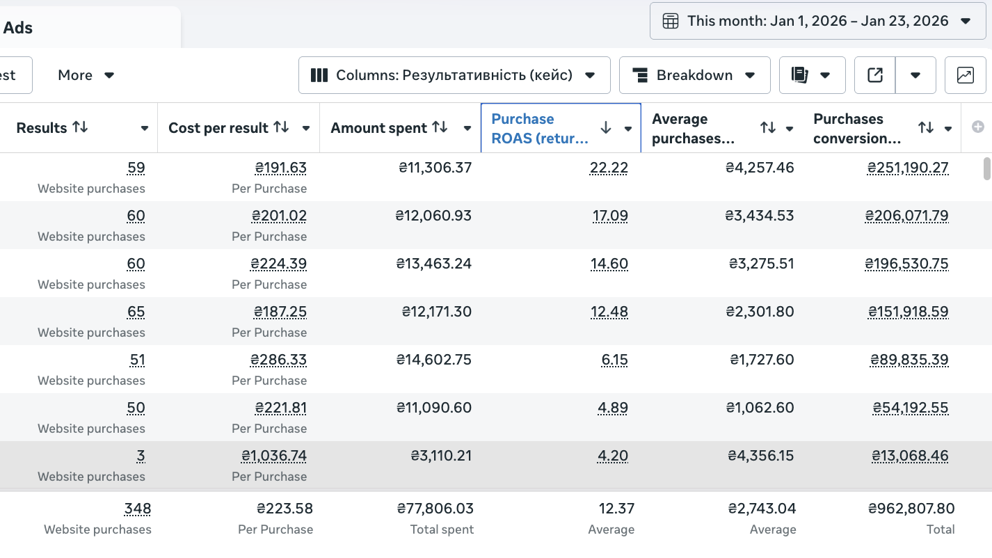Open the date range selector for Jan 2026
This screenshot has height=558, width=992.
pyautogui.click(x=817, y=21)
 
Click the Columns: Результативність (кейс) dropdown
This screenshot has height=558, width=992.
pyautogui.click(x=454, y=75)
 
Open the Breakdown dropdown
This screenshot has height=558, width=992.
pyautogui.click(x=694, y=75)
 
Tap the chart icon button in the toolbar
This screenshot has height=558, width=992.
pyautogui.click(x=966, y=75)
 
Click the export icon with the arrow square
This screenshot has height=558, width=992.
pyautogui.click(x=874, y=75)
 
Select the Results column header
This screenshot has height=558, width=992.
pyautogui.click(x=42, y=128)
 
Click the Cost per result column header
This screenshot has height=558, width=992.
pyautogui.click(x=218, y=128)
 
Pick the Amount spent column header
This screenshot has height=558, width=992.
pyautogui.click(x=378, y=128)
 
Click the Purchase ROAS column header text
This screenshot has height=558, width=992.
pyautogui.click(x=540, y=129)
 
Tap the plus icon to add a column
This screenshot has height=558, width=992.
pyautogui.click(x=978, y=127)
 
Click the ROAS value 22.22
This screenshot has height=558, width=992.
pyautogui.click(x=609, y=168)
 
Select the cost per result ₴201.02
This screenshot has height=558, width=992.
pyautogui.click(x=279, y=216)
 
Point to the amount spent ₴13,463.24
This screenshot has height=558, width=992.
pyautogui.click(x=433, y=264)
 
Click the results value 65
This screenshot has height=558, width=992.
pyautogui.click(x=136, y=312)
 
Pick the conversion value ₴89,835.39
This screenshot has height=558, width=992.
pyautogui.click(x=909, y=360)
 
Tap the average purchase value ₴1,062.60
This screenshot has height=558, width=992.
pyautogui.click(x=760, y=408)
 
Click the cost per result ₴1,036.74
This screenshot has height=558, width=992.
pyautogui.click(x=273, y=456)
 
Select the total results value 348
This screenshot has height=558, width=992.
pyautogui.click(x=137, y=509)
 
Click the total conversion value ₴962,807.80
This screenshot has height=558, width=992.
pyautogui.click(x=911, y=509)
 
